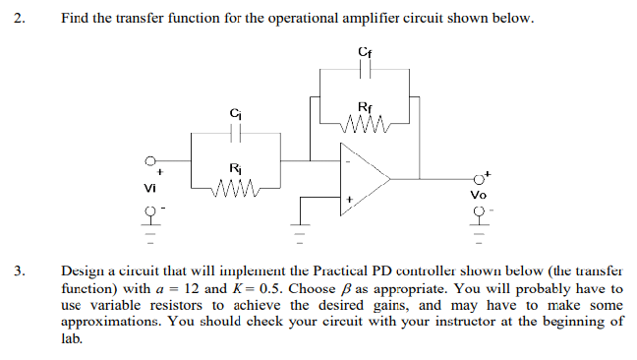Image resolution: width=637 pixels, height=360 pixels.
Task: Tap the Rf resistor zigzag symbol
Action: (366, 124)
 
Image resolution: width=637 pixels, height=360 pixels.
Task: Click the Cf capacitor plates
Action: (366, 70)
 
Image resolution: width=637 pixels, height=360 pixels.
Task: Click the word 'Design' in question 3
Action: (82, 268)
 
